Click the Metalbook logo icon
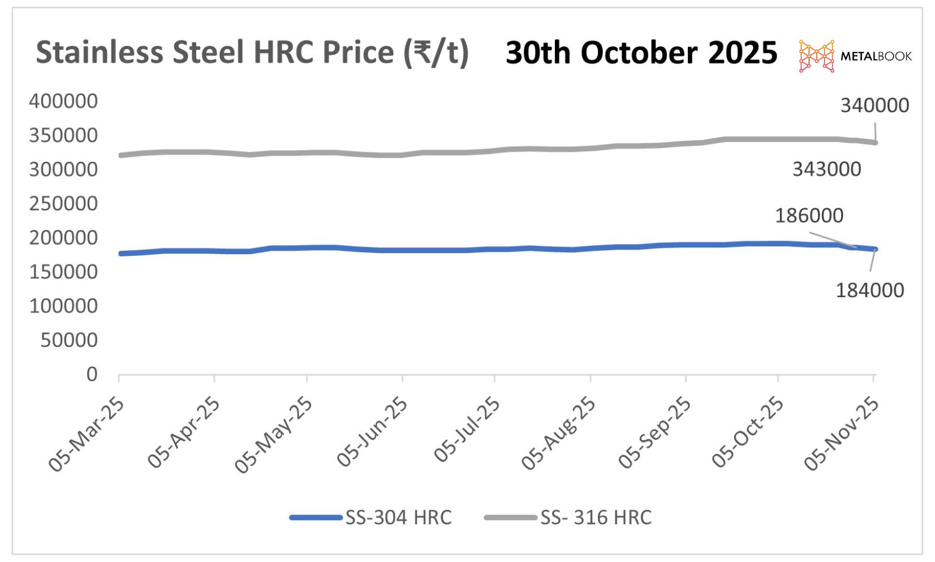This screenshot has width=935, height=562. point(816,56)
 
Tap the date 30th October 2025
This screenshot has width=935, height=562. point(641,53)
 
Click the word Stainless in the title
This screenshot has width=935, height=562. point(100,53)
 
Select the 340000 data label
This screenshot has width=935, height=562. point(874,105)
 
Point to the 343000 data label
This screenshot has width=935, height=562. point(826,169)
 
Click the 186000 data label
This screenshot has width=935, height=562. point(809,216)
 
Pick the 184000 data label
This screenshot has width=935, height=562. point(869,290)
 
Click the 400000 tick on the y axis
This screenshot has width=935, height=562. point(63,101)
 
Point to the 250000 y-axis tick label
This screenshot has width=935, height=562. point(63,204)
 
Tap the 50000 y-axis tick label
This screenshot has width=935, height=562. point(69,340)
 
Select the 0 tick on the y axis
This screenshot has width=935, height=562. point(92,374)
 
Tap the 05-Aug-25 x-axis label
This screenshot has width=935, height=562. point(558,433)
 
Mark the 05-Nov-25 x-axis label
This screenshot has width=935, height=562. point(841,434)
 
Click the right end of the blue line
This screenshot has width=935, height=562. point(875,249)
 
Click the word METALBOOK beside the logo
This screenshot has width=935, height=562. point(876,56)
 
